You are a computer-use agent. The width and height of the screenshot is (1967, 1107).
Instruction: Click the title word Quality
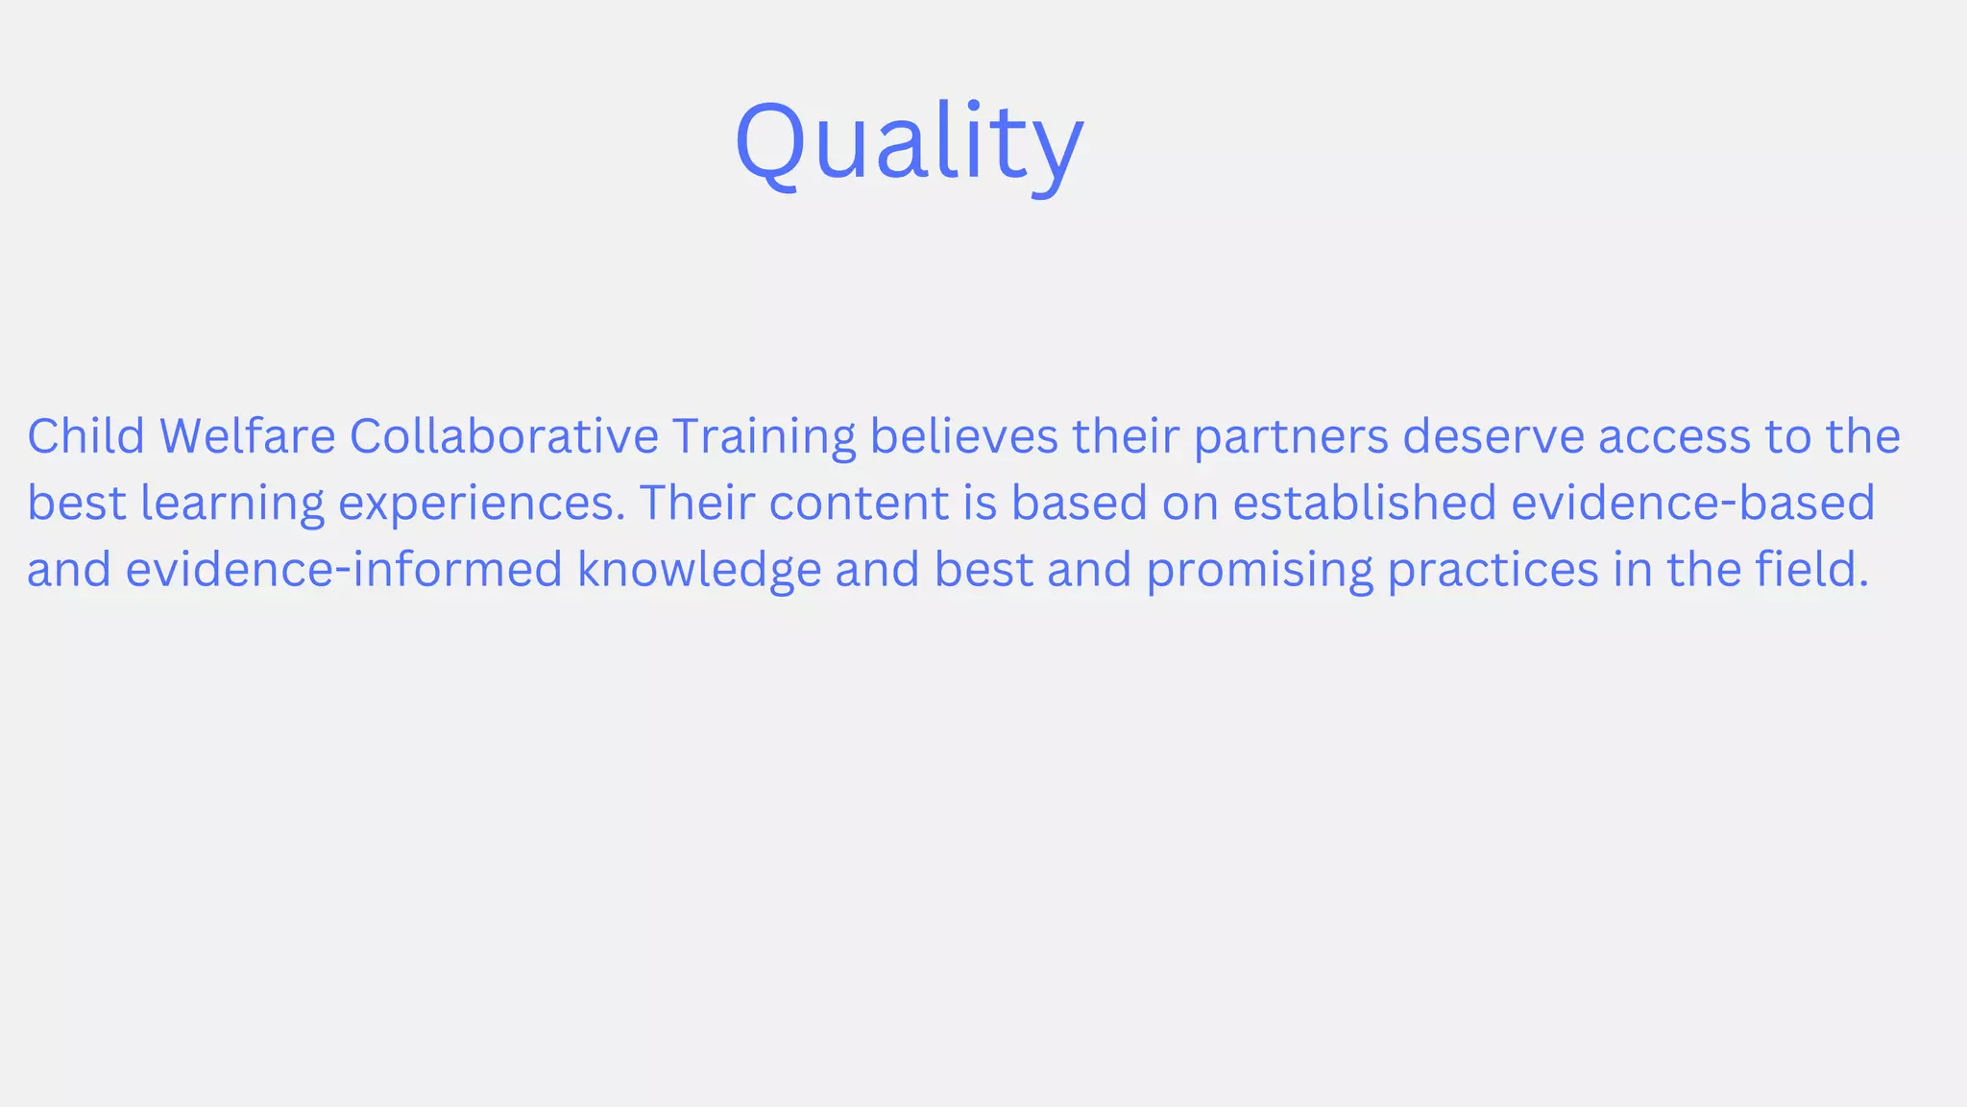[909, 142]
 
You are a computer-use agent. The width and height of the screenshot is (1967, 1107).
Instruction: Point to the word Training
[764, 437]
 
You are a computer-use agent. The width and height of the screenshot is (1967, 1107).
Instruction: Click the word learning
[232, 504]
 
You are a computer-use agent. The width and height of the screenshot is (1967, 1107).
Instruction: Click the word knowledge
[699, 570]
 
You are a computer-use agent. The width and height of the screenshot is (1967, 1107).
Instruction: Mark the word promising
[1259, 570]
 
